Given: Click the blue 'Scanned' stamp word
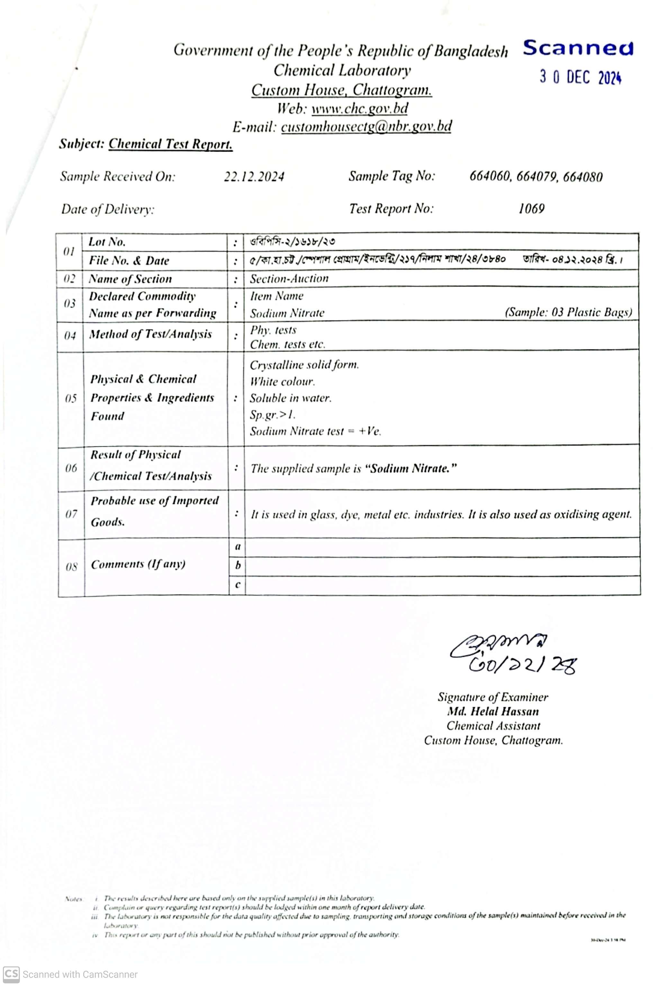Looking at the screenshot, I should [578, 48].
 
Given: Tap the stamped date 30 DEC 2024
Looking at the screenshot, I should [580, 78].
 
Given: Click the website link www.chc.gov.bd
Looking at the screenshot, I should [360, 109].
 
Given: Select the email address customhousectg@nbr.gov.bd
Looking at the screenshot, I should [366, 127].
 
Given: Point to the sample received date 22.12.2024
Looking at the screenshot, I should [254, 177].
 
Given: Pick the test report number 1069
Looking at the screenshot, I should [531, 209].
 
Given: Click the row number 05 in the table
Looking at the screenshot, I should [70, 398].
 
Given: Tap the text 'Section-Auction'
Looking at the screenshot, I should [289, 279].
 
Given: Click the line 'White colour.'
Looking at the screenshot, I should [282, 382].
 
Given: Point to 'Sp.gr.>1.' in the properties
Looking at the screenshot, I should [272, 415].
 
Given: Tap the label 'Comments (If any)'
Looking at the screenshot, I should [138, 564].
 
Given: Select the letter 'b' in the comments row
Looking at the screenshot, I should [238, 566].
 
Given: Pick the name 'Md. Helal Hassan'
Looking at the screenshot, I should [493, 711].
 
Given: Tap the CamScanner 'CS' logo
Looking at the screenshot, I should [11, 974].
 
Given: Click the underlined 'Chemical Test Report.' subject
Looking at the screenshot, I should [170, 144].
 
